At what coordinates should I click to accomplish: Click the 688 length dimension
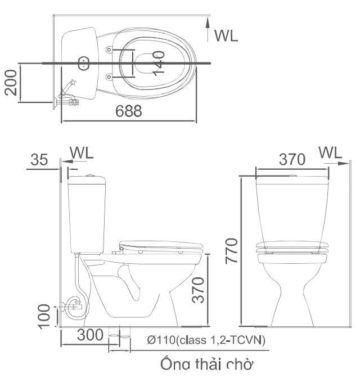tap(129, 112)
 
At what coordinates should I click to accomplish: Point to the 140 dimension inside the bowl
tap(158, 62)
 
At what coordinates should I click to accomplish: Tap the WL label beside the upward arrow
tap(226, 35)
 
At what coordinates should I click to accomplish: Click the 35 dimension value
tap(39, 160)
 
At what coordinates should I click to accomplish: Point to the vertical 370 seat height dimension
tap(198, 289)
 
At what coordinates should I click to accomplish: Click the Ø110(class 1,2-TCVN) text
tap(206, 340)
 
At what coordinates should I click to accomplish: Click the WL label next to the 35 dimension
tap(82, 152)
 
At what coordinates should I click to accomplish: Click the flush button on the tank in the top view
tap(84, 63)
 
